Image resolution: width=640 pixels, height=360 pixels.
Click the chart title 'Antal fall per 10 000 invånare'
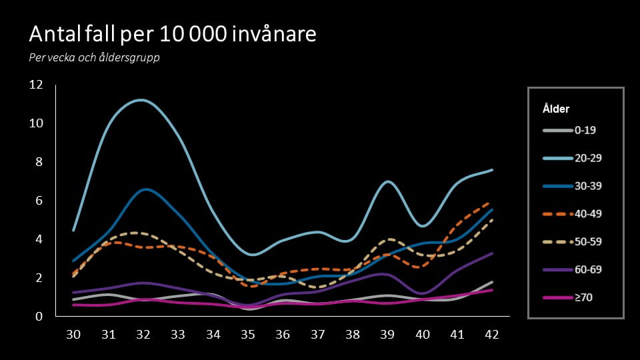click(x=172, y=34)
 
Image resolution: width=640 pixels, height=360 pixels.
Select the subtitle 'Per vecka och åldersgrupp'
click(x=94, y=57)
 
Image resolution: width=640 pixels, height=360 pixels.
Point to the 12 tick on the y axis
click(x=35, y=85)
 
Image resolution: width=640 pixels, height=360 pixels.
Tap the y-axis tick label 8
click(x=39, y=162)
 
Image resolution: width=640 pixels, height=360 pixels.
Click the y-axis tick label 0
click(x=39, y=317)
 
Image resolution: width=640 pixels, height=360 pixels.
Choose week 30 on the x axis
click(x=73, y=333)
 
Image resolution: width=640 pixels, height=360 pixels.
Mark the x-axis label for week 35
click(x=248, y=333)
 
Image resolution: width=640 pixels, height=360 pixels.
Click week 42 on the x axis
click(x=492, y=333)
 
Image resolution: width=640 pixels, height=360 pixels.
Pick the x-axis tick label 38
click(x=353, y=333)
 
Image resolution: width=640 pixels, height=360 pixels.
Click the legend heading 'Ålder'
click(x=556, y=109)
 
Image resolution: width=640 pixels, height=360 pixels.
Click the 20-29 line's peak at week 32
click(x=142, y=100)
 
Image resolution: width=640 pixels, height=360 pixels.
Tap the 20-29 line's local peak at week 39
click(x=387, y=181)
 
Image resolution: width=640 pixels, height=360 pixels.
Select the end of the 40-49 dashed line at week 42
click(x=492, y=202)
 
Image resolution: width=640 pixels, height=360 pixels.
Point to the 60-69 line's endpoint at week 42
click(x=492, y=253)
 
